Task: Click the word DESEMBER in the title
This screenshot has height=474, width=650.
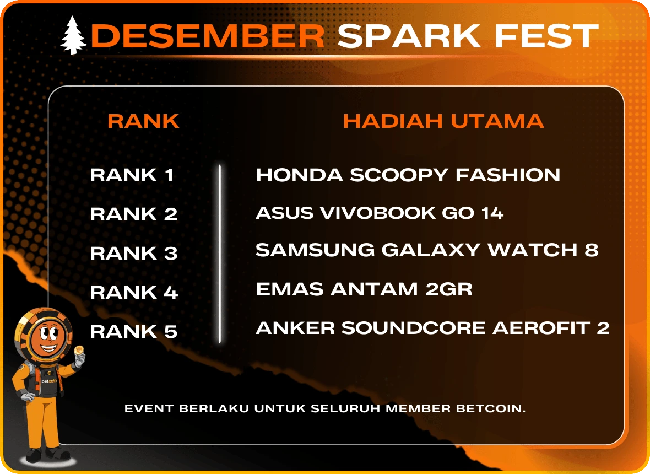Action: pos(207,36)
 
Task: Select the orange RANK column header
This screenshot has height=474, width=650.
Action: pos(143,121)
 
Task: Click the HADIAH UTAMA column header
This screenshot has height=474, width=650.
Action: pos(443,121)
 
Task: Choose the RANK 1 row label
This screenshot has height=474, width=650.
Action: pos(132,175)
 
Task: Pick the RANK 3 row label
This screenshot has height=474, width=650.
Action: pos(134,254)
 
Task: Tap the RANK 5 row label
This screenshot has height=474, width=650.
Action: pos(134,332)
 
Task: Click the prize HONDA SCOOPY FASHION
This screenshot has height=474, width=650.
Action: pos(408,175)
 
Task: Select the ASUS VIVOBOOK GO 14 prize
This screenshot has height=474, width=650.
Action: pos(380,213)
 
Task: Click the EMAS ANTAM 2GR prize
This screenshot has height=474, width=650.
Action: pos(364,289)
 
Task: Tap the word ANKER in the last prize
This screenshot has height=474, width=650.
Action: pos(295,328)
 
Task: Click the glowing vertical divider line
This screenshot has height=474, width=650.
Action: pos(220,254)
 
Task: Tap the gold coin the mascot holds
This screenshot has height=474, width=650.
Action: pos(78,351)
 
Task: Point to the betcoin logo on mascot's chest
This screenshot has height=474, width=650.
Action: pos(48,380)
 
